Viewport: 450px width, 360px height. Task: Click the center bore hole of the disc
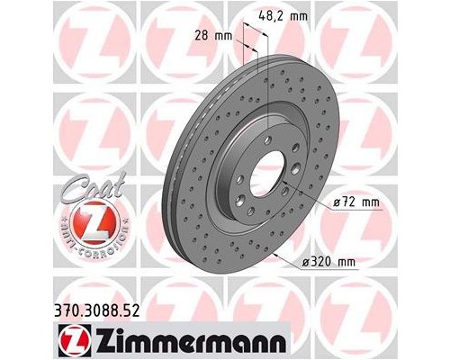coord(265,171)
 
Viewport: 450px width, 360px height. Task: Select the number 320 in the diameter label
coord(323,263)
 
